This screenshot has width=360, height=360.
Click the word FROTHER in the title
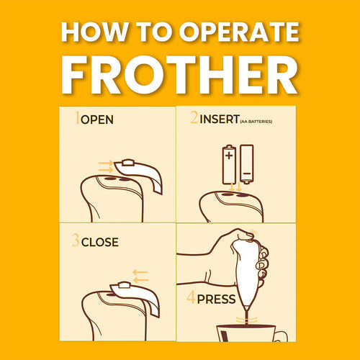pos(179,75)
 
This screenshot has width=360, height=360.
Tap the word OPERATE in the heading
pos(239,32)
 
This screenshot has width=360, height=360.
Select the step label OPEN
pos(97,120)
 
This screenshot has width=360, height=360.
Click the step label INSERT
pos(220,119)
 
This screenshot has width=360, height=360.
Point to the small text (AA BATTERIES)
pos(256,122)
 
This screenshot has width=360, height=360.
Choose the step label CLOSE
pos(100,242)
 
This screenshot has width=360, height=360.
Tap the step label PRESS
pos(216,299)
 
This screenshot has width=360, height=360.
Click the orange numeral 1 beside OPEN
pos(77,117)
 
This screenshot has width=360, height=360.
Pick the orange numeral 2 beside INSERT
pos(194,117)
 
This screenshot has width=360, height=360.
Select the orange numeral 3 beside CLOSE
pos(76,240)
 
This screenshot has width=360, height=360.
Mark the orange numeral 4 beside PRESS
pos(191,297)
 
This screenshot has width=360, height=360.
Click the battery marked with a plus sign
pos(229,165)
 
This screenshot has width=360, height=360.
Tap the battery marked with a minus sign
pos(247,164)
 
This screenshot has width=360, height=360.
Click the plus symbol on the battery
pos(229,156)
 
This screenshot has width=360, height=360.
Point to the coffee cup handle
pos(282,336)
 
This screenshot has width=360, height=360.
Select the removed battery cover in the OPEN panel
pos(139,174)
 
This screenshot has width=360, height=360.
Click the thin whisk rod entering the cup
pos(246,318)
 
